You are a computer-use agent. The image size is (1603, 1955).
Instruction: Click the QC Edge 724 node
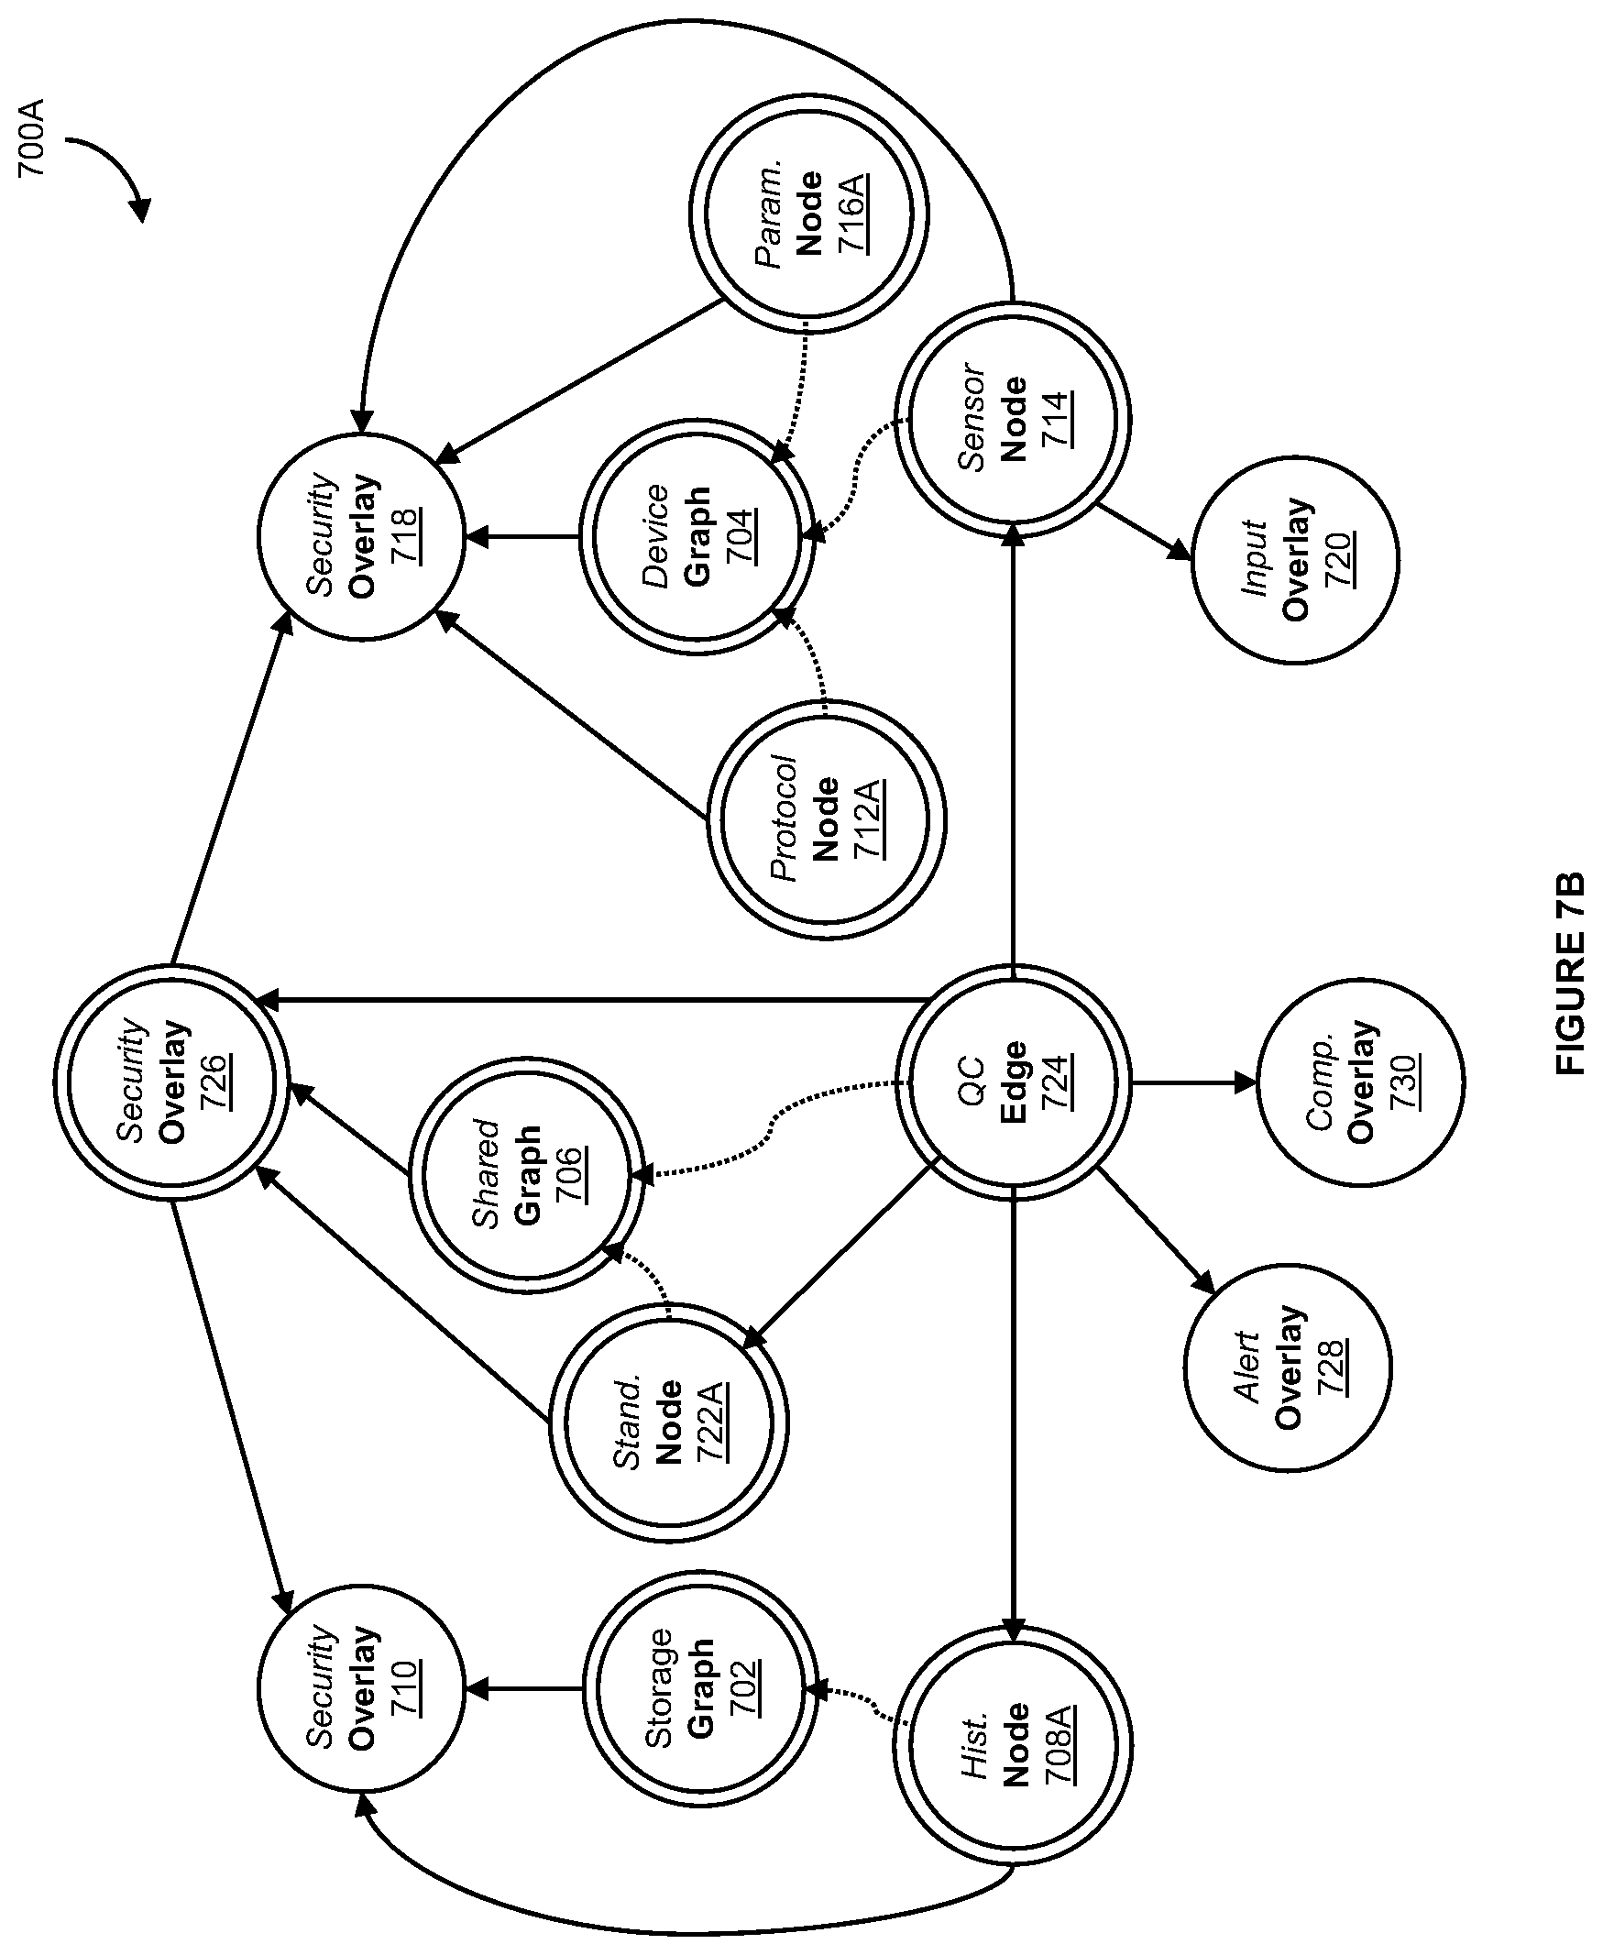pos(1013,1082)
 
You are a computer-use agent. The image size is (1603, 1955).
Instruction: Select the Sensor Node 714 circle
pos(1013,420)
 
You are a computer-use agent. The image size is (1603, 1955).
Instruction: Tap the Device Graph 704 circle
pos(697,537)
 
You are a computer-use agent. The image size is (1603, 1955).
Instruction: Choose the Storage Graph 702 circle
pos(699,1689)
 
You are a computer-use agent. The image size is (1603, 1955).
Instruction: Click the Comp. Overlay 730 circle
pos(1360,1082)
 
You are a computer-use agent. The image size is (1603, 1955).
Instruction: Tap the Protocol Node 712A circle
pos(827,819)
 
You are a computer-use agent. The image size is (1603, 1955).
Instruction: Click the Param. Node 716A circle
pos(809,213)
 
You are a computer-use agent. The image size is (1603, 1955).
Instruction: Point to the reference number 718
pos(405,536)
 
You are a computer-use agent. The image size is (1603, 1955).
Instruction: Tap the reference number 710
pos(405,1689)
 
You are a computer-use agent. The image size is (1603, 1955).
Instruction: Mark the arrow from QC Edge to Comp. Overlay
pos(1194,1082)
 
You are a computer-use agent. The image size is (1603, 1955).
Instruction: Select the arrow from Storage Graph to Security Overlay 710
pos(523,1689)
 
